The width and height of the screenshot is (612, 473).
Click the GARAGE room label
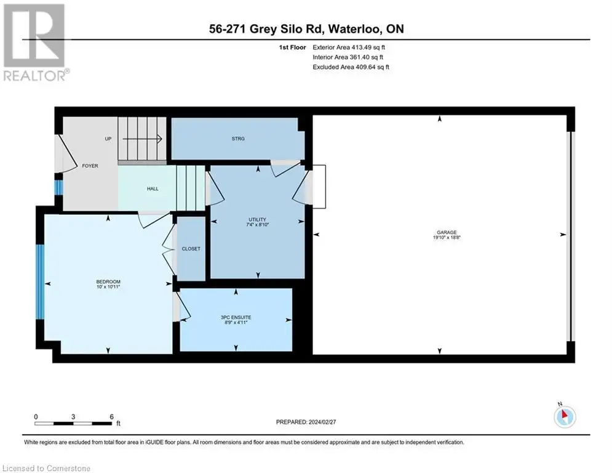point(447,232)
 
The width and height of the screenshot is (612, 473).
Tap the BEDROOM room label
point(108,281)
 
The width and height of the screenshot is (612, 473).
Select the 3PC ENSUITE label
point(236,317)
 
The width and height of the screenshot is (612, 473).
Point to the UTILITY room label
point(257,219)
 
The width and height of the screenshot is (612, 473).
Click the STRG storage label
point(238,139)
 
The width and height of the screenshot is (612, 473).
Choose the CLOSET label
point(191,249)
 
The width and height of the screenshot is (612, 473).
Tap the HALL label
point(153,188)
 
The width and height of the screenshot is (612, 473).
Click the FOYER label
point(90,166)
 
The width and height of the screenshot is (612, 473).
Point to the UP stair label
point(108,139)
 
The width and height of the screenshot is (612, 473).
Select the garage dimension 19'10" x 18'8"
point(447,237)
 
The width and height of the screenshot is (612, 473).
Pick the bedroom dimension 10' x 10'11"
point(108,286)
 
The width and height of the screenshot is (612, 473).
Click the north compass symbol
point(565,416)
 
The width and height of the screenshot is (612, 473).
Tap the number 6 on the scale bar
point(111,417)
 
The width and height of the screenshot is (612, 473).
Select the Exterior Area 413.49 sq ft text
point(349,47)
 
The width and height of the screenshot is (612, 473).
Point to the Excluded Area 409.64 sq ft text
point(351,67)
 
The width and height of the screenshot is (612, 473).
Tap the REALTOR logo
point(35,42)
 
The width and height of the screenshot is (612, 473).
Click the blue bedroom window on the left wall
point(40,282)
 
